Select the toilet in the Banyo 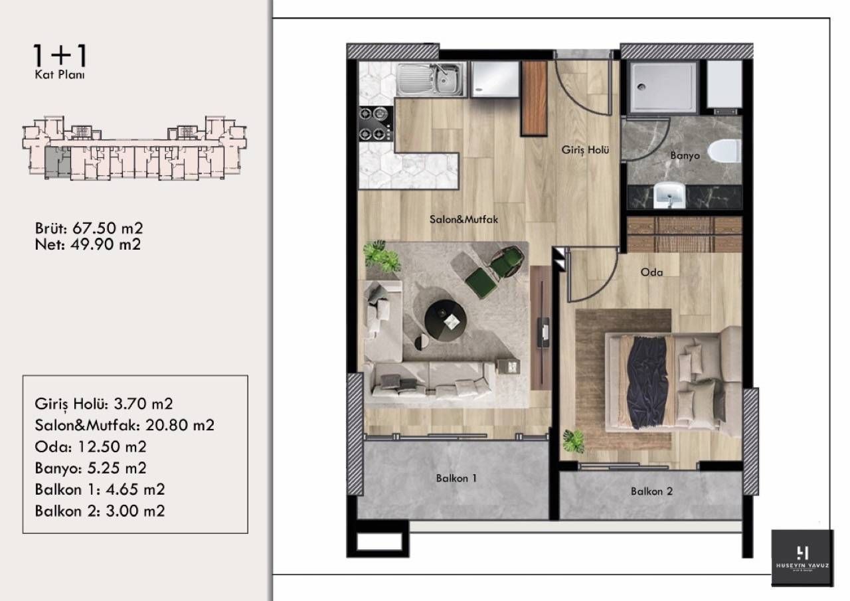point(724,151)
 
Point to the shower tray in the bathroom point(663,86)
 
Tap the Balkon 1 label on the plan point(456,477)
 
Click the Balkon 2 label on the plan point(651,491)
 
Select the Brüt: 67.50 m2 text point(89,228)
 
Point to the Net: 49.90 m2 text point(87,244)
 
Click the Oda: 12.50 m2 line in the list point(90,446)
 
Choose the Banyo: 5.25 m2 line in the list point(90,468)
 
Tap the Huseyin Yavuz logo point(802,557)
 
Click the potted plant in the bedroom point(573,441)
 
